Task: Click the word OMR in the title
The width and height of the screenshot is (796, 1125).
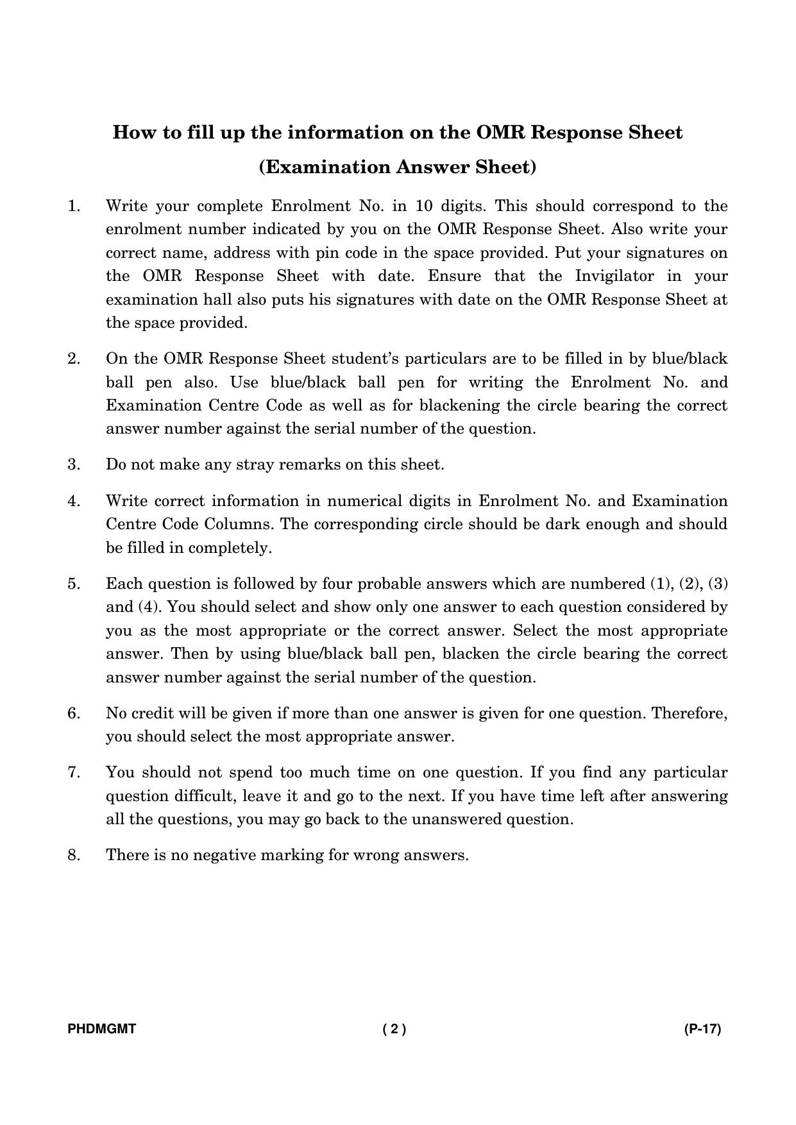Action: (x=502, y=133)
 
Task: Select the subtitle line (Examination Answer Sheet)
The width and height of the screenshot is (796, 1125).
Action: (x=398, y=167)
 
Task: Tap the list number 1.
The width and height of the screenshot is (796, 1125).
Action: (x=74, y=207)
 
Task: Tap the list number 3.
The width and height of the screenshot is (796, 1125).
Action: (x=74, y=464)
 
